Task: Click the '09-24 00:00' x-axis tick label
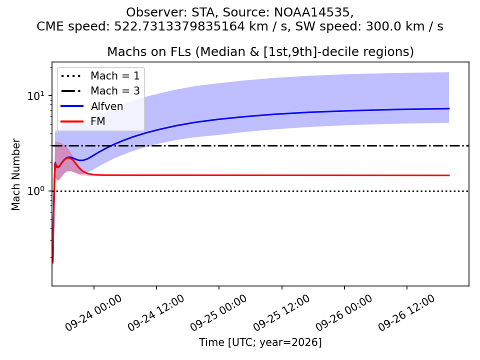click(x=93, y=313)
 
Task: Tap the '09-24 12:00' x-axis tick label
click(x=156, y=313)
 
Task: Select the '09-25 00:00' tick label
click(x=218, y=313)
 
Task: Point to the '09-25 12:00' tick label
click(x=281, y=313)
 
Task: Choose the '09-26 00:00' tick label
click(x=344, y=313)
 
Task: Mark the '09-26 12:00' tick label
click(x=406, y=313)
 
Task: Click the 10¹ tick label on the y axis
click(x=36, y=95)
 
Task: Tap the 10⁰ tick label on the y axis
click(x=36, y=190)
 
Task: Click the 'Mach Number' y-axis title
click(x=15, y=174)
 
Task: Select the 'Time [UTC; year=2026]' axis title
click(x=260, y=342)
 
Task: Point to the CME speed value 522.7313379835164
click(x=179, y=26)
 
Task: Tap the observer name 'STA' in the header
click(x=202, y=12)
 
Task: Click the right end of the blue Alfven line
click(x=449, y=108)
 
